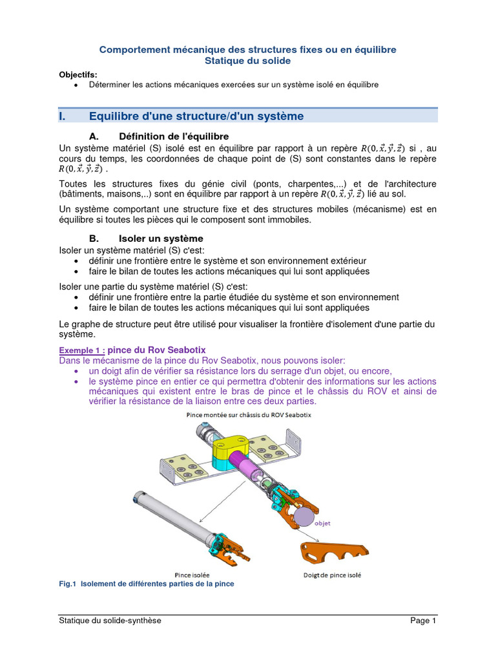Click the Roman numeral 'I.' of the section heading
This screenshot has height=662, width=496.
pyautogui.click(x=63, y=116)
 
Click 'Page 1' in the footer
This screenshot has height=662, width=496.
pyautogui.click(x=424, y=621)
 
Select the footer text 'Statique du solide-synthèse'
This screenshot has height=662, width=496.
pyautogui.click(x=110, y=621)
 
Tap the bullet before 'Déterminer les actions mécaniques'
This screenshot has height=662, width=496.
pyautogui.click(x=77, y=85)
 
